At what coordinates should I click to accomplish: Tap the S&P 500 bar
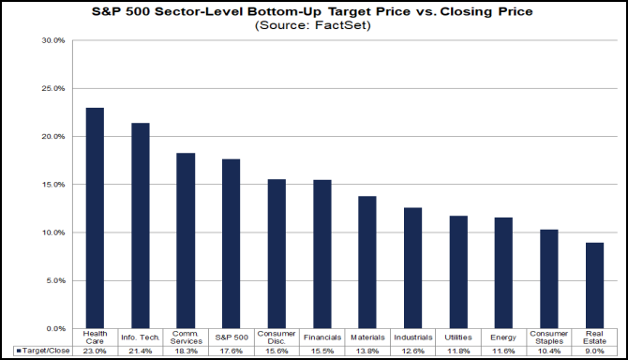coord(231,244)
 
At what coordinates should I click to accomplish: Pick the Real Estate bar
coord(594,286)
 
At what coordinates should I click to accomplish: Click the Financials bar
coord(321,254)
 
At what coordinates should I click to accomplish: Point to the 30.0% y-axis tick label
coord(52,41)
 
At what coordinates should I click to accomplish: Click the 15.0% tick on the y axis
coord(52,185)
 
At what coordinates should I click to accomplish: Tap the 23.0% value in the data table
coord(95,350)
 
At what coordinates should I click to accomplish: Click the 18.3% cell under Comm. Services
coord(186,350)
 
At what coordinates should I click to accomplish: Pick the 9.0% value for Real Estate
coord(594,350)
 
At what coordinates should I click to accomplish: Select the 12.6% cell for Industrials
coord(412,350)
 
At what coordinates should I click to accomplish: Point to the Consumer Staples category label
coord(548,337)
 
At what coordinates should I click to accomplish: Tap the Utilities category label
coord(458,336)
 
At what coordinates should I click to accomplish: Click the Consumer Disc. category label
coord(277,337)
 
